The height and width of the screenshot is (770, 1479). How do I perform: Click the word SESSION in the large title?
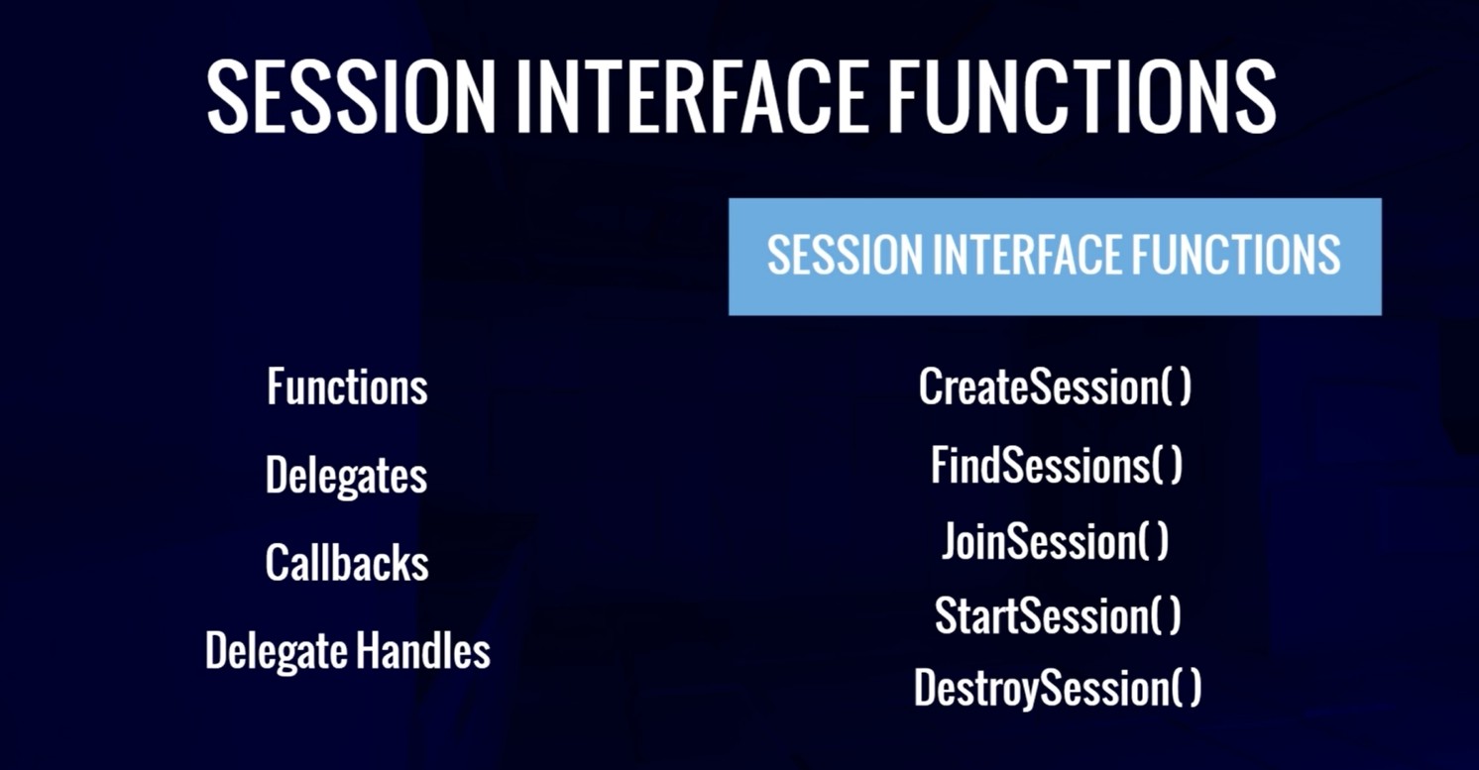[351, 96]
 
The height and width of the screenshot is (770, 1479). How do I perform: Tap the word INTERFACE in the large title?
[691, 96]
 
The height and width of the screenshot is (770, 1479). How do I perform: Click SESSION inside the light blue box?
[845, 255]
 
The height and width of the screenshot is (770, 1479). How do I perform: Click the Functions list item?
[347, 386]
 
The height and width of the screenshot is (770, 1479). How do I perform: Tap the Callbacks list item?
[347, 563]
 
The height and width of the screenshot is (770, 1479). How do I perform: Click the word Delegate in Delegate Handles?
[278, 652]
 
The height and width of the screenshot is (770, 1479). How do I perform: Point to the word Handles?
[423, 650]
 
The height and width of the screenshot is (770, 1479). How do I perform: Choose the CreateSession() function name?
[1055, 386]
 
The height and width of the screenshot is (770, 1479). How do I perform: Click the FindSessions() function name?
[1057, 465]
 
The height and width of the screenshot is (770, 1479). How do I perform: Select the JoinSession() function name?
[1055, 542]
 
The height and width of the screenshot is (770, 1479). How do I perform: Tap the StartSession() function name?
[1058, 616]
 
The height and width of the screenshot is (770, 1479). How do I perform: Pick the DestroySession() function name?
[1058, 689]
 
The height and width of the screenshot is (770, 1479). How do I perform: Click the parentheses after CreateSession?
[1176, 387]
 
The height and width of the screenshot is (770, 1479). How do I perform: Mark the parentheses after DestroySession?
[1186, 688]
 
